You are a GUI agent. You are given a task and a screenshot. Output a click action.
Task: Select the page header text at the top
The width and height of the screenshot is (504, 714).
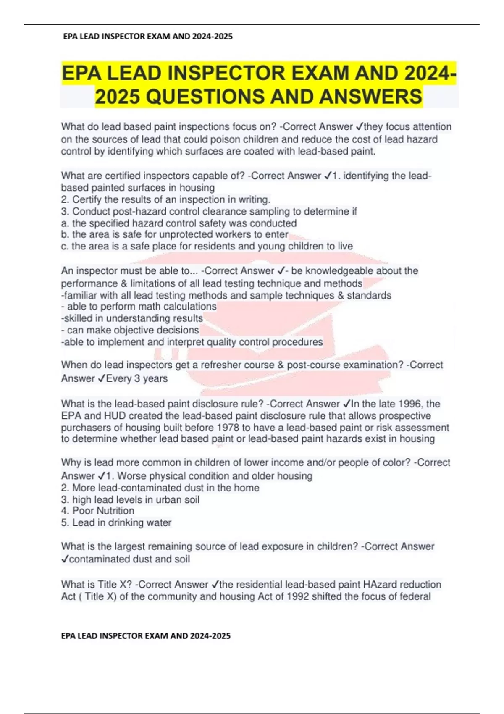pyautogui.click(x=147, y=37)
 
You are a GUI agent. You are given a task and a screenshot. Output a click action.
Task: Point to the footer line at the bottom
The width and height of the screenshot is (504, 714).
pyautogui.click(x=146, y=636)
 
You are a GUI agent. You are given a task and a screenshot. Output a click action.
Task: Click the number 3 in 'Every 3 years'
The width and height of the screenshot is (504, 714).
pyautogui.click(x=137, y=378)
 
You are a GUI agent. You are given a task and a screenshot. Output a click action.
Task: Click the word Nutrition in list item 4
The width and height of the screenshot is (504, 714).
pyautogui.click(x=115, y=511)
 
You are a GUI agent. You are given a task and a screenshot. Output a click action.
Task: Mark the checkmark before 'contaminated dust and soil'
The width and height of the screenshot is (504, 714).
pyautogui.click(x=65, y=559)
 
